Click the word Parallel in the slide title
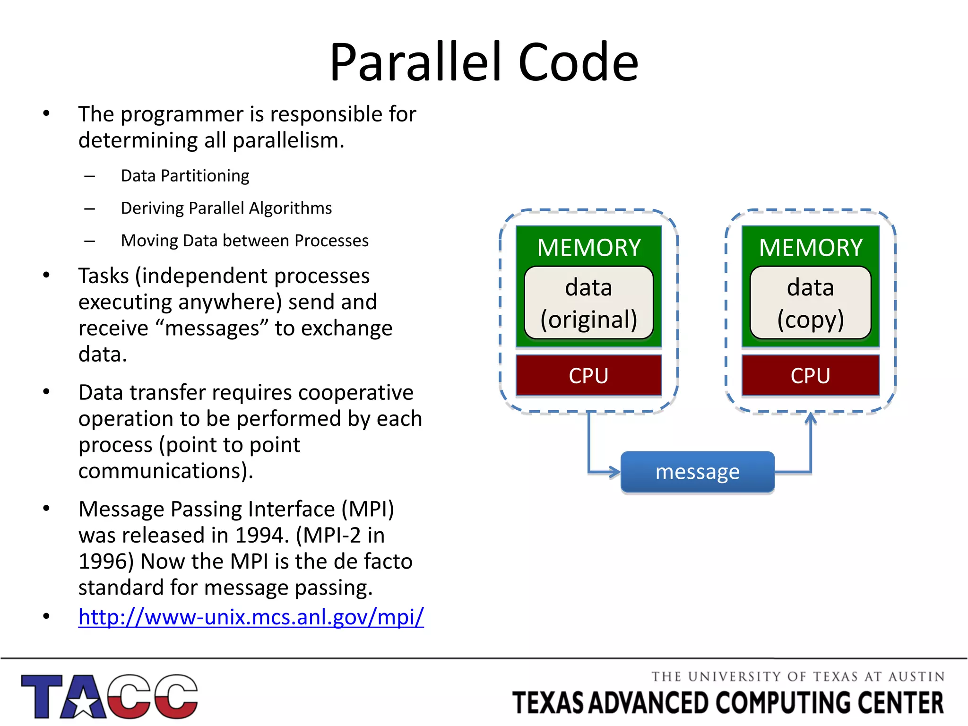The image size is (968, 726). tap(421, 62)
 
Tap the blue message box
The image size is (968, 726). tap(697, 472)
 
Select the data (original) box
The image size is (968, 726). tap(588, 303)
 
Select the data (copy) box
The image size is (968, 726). tap(810, 303)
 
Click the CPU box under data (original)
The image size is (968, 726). tap(588, 375)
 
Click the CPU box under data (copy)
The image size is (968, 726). tap(810, 375)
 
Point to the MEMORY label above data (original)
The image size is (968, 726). tap(588, 248)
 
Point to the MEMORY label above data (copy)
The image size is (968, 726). tap(810, 248)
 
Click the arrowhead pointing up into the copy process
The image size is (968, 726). tap(811, 418)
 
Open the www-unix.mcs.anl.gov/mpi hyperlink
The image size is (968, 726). tap(251, 617)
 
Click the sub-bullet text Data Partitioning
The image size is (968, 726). tap(185, 176)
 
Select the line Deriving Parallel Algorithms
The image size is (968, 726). tap(226, 208)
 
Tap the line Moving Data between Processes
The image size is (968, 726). tap(244, 241)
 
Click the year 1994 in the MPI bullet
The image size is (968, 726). tap(261, 536)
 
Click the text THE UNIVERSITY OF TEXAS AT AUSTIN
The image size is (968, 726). tap(798, 677)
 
